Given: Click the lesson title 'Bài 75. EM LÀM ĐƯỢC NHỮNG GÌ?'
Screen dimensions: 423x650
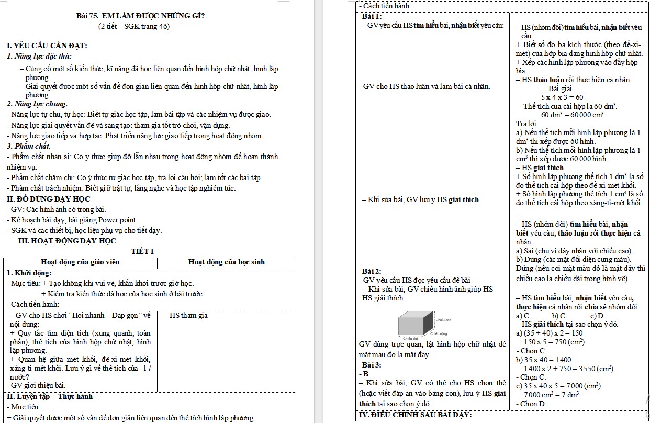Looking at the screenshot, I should tap(140, 16).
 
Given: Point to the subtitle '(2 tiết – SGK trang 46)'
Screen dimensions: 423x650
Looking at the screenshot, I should tap(134, 27).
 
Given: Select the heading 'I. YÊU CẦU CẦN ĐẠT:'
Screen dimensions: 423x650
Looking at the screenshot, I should tap(47, 47).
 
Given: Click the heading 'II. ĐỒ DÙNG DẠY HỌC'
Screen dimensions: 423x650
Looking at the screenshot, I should tap(48, 199).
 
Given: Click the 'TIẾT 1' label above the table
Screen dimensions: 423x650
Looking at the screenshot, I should tap(142, 251).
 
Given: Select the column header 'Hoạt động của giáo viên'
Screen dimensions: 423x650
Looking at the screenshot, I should tap(80, 262).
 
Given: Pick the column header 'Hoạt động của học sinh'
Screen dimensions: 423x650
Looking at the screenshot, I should tap(226, 262).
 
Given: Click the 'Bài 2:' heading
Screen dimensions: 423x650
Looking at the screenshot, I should tap(372, 271).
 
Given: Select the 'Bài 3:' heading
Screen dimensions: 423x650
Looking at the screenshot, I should tap(372, 364).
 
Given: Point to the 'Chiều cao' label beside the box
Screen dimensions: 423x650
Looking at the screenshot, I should tap(443, 319).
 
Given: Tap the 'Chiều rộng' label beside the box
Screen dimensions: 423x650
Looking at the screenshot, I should tap(439, 333).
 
